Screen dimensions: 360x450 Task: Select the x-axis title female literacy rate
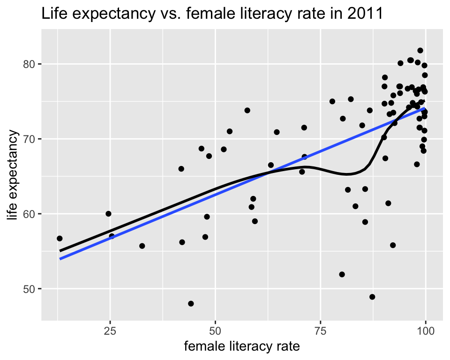[242, 347]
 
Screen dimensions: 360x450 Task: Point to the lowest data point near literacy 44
[191, 304]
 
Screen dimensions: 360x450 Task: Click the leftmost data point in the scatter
[60, 239]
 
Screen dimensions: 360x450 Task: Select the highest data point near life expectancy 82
[420, 51]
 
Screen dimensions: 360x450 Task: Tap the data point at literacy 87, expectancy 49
[372, 297]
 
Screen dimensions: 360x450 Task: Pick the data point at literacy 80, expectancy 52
[342, 274]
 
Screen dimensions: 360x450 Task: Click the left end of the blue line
[60, 259]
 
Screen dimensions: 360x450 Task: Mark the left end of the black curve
[60, 251]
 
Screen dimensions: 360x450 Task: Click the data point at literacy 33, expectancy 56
[142, 246]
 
